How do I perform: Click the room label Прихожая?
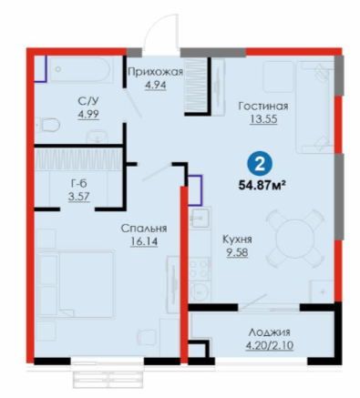click(155, 72)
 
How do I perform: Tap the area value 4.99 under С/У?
click(88, 115)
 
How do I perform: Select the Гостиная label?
click(263, 107)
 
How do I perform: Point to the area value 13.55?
click(263, 119)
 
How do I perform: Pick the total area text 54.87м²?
click(263, 185)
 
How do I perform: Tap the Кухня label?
click(237, 240)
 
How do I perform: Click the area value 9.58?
click(237, 252)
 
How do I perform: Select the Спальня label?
click(144, 229)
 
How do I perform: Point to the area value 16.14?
click(144, 241)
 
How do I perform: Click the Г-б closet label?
click(79, 183)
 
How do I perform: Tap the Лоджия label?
click(269, 332)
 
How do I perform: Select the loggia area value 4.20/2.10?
click(270, 346)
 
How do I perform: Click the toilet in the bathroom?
click(47, 125)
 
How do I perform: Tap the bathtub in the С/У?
click(80, 69)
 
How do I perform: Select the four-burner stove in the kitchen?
click(200, 269)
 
